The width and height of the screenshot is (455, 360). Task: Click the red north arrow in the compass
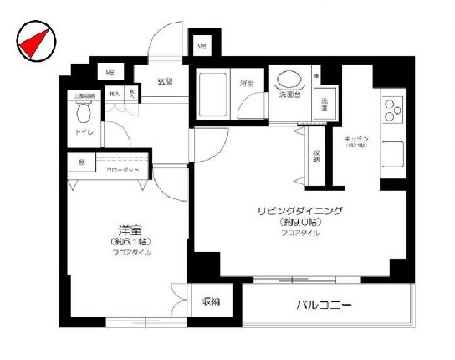coord(30,44)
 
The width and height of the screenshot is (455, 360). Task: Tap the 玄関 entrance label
coord(164,81)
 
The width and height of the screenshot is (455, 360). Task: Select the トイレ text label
coord(84,133)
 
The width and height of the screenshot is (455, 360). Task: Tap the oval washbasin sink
coord(292,80)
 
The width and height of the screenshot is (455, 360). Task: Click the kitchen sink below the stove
coord(393,153)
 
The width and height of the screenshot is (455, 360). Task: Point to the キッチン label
coord(356,138)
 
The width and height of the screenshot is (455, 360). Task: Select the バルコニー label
coord(323,305)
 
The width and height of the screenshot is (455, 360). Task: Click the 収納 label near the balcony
coord(211,301)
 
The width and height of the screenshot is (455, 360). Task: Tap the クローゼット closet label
coord(122,169)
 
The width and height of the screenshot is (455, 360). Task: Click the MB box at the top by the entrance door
coord(202,46)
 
